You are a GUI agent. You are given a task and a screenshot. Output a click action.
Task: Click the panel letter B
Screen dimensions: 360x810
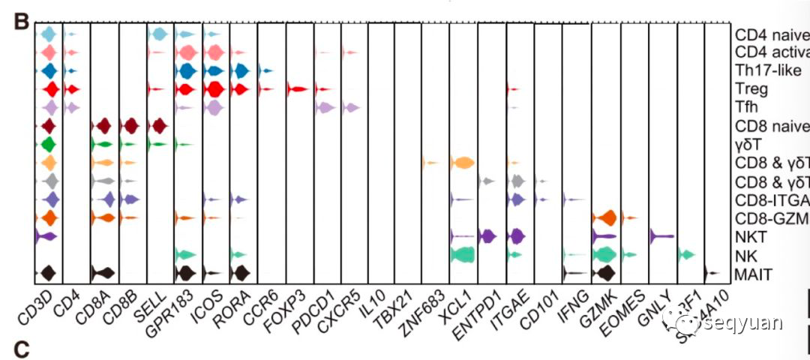21,20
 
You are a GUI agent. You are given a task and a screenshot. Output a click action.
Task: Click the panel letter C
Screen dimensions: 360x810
21,349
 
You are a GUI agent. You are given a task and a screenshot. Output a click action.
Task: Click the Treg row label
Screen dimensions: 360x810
751,89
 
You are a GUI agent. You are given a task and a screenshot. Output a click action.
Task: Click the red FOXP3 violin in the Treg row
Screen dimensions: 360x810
297,89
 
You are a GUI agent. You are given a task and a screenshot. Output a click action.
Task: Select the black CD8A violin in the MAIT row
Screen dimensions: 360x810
103,273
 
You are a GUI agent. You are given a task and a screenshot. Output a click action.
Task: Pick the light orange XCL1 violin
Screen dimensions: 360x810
461,163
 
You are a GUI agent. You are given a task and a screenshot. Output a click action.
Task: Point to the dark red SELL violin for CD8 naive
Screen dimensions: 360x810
159,125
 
